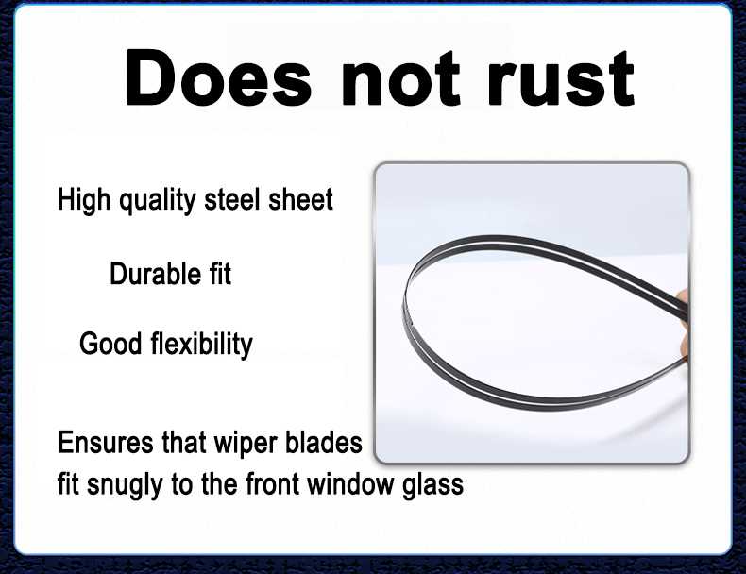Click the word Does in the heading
(x=218, y=77)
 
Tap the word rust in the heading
(x=561, y=78)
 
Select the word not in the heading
(x=401, y=78)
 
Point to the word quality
(x=157, y=200)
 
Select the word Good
(x=110, y=344)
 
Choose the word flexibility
(x=202, y=345)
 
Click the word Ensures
(x=106, y=442)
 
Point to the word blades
(x=324, y=442)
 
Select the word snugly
(x=126, y=485)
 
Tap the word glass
(x=432, y=485)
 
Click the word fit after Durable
(x=220, y=274)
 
